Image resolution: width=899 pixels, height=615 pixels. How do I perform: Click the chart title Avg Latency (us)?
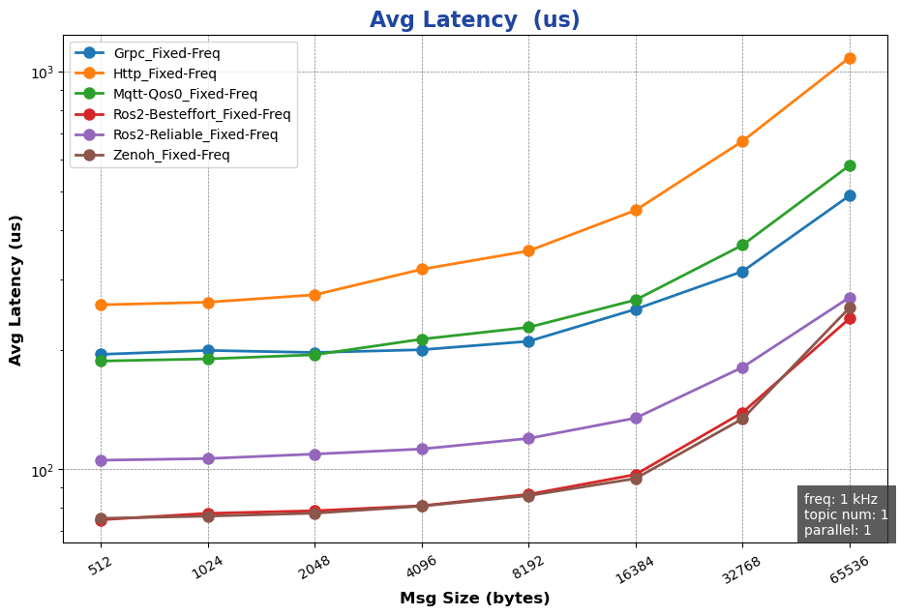pyautogui.click(x=474, y=19)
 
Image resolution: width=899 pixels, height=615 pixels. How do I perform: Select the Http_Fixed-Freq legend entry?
pyautogui.click(x=165, y=73)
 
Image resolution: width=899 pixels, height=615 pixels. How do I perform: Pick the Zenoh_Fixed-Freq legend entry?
pyautogui.click(x=171, y=155)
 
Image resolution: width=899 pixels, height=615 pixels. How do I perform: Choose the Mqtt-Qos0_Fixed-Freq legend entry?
pyautogui.click(x=185, y=94)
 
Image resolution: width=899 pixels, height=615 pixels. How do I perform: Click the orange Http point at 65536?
pyautogui.click(x=850, y=58)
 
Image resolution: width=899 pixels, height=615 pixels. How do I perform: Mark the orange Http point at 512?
pyautogui.click(x=101, y=305)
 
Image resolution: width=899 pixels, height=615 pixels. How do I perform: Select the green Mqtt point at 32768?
pyautogui.click(x=742, y=245)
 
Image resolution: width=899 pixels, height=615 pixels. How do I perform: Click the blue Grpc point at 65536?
pyautogui.click(x=850, y=195)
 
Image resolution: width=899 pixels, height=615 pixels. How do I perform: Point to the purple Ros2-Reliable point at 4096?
pyautogui.click(x=422, y=449)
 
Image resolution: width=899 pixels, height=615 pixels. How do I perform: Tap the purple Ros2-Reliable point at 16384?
pyautogui.click(x=636, y=418)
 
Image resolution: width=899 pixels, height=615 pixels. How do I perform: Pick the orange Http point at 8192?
pyautogui.click(x=528, y=250)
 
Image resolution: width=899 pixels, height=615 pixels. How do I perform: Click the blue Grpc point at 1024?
pyautogui.click(x=208, y=350)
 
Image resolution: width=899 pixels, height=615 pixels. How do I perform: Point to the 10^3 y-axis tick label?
pyautogui.click(x=45, y=73)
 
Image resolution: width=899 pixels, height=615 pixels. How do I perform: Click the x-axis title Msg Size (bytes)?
pyautogui.click(x=474, y=599)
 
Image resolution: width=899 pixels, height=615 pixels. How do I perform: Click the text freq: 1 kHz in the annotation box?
pyautogui.click(x=840, y=499)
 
